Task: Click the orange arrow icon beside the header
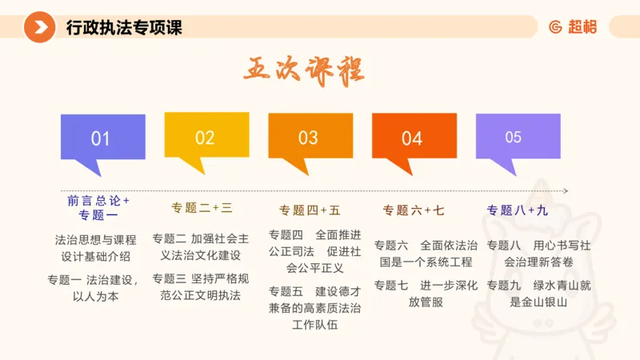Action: click(38, 27)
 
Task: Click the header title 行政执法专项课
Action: click(124, 27)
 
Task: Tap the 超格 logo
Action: click(573, 27)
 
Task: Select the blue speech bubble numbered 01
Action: click(102, 138)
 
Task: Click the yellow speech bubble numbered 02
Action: click(206, 137)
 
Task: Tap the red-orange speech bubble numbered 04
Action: click(413, 138)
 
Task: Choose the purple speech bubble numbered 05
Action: click(514, 137)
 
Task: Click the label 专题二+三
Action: click(202, 208)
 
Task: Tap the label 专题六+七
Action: click(413, 210)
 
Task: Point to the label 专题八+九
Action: click(518, 210)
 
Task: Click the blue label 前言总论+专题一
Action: click(98, 207)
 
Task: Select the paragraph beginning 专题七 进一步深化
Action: click(426, 294)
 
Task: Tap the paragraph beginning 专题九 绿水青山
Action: click(538, 294)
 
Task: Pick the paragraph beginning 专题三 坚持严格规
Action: click(201, 286)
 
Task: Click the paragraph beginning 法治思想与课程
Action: click(96, 247)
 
